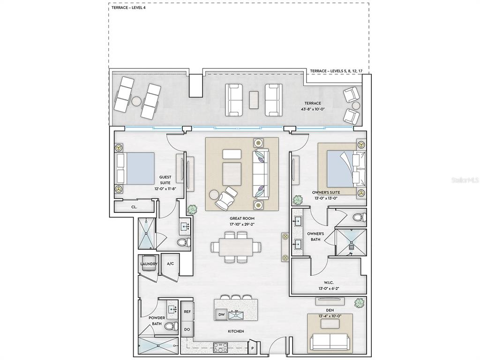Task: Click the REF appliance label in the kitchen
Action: point(187,312)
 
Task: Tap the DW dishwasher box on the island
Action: point(222,315)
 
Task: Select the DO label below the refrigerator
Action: point(187,330)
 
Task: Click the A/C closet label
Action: point(171,263)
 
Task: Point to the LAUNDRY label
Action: point(149,264)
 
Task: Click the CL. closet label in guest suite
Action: point(134,207)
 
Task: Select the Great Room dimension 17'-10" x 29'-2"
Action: point(242,225)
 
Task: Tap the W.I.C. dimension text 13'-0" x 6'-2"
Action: point(329,288)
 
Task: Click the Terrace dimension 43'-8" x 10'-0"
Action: point(313,109)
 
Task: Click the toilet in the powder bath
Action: point(171,326)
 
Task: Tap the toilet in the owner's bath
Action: point(360,217)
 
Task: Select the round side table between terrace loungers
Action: point(136,101)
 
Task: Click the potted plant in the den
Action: point(359,303)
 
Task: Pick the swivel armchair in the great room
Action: point(225,198)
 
